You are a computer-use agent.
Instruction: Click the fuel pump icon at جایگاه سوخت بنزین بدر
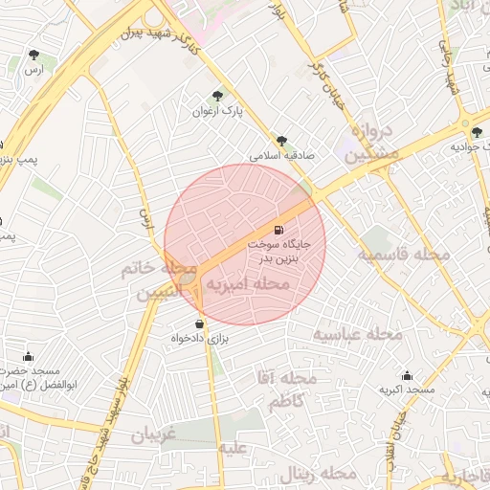pos(278,230)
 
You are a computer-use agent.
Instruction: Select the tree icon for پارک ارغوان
pos(217,96)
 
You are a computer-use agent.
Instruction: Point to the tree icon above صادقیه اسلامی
pos(280,140)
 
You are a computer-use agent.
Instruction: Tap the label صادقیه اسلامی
pos(280,154)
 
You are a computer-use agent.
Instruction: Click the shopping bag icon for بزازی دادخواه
pos(199,323)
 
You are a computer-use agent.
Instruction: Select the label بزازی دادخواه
pos(197,339)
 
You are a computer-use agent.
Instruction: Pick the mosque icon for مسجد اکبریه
pos(407,375)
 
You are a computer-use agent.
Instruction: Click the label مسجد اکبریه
pos(407,390)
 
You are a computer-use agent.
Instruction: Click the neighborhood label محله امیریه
pos(248,284)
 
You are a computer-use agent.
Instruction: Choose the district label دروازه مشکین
pos(371,142)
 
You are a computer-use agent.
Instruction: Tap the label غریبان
pos(154,434)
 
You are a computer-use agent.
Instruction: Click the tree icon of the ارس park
pos(34,55)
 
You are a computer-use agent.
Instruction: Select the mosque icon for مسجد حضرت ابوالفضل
pos(28,356)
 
